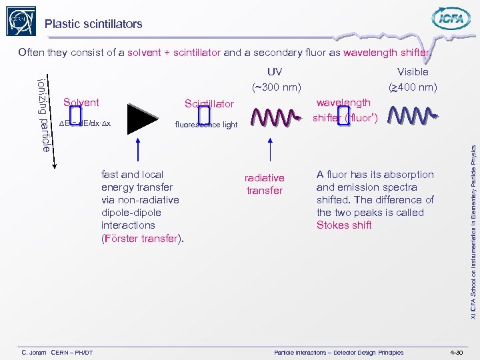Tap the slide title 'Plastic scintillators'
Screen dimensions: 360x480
tap(93, 24)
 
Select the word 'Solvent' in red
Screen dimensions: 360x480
tap(81, 102)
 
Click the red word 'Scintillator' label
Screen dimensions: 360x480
tap(209, 103)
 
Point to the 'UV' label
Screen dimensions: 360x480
tap(274, 72)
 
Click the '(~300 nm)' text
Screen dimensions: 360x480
tap(276, 87)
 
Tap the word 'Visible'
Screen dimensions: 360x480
tap(413, 72)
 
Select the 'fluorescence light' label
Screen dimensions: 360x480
tap(206, 125)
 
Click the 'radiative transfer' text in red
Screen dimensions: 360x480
tap(265, 184)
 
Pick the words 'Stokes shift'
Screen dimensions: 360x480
tap(344, 225)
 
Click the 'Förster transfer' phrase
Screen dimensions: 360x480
tap(142, 238)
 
